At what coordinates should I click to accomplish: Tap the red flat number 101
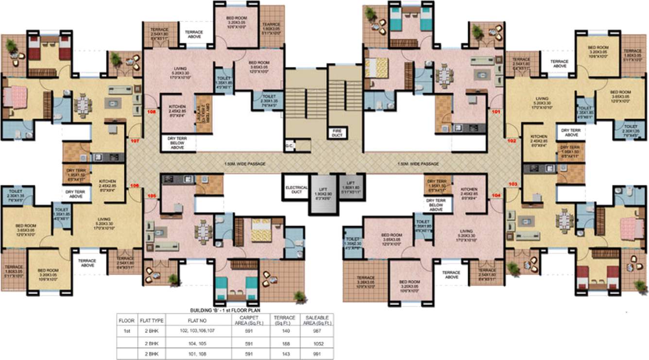(496, 111)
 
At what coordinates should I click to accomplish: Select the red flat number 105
(152, 197)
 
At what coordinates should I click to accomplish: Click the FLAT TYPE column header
(152, 320)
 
